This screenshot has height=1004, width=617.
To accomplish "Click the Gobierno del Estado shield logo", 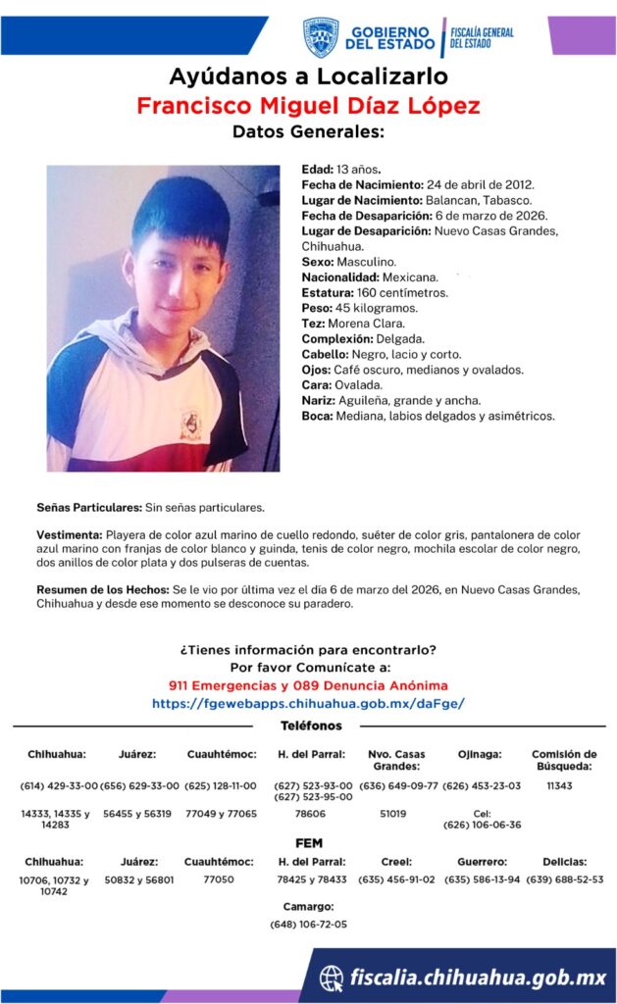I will click(x=320, y=37).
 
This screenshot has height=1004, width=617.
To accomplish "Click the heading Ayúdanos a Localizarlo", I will click(x=308, y=76).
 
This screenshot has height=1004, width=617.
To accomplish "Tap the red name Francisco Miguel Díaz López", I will click(x=308, y=106).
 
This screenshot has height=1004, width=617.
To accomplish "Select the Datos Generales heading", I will click(x=308, y=132).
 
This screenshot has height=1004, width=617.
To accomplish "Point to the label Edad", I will click(x=316, y=170).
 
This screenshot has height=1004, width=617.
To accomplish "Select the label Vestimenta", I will click(x=69, y=534).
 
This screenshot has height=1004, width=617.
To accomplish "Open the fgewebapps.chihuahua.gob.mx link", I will click(x=308, y=703).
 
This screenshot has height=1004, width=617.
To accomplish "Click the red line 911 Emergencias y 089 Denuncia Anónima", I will click(x=308, y=684).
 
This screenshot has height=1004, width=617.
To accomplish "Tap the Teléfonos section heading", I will click(x=311, y=726).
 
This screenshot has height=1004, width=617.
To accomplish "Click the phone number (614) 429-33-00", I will click(x=59, y=786).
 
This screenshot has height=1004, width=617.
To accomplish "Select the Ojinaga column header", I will click(x=480, y=754).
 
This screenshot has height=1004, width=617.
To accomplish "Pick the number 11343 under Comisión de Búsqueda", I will click(x=559, y=786).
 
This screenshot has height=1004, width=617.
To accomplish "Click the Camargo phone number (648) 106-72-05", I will click(x=308, y=925).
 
